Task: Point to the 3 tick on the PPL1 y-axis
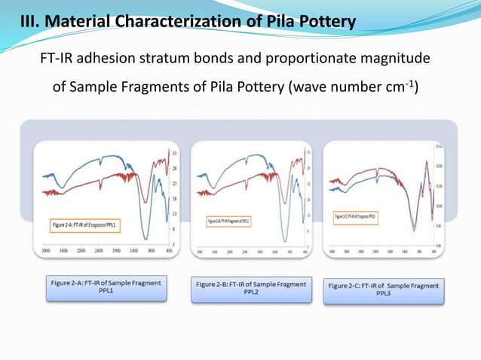pyautogui.click(x=174, y=244)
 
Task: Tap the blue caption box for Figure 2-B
pyautogui.click(x=251, y=289)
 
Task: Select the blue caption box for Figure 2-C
pyautogui.click(x=384, y=291)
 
